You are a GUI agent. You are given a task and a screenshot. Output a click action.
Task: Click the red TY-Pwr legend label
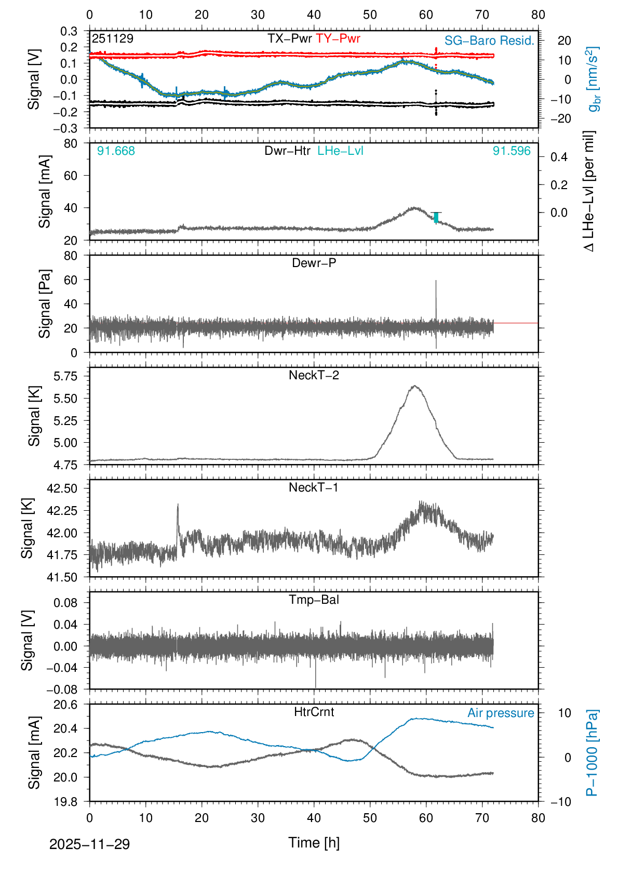click(x=338, y=38)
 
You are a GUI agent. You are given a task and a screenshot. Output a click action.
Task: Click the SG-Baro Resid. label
click(x=489, y=41)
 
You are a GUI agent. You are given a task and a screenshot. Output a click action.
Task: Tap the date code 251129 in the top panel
click(x=113, y=38)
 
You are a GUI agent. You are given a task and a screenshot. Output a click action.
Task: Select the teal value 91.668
click(x=116, y=151)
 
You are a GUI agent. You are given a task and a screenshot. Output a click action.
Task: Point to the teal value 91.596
click(x=512, y=151)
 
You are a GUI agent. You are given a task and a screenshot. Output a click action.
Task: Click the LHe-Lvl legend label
click(x=340, y=151)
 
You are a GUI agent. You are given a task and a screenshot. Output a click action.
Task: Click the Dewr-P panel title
click(x=314, y=263)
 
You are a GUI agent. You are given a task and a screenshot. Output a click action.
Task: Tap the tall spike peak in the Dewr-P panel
click(x=436, y=281)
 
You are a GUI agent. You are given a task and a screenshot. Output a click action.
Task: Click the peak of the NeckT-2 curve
click(x=414, y=386)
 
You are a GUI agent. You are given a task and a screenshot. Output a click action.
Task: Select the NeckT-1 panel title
click(x=314, y=487)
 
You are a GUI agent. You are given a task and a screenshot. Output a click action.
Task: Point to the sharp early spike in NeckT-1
click(x=178, y=505)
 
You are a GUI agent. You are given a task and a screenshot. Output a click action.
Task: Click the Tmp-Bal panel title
click(x=314, y=600)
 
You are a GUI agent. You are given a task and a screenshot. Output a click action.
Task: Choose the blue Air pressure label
click(x=501, y=713)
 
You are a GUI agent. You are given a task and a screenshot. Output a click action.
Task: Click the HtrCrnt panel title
click(x=314, y=712)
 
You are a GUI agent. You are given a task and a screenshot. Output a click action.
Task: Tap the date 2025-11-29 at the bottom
click(x=89, y=844)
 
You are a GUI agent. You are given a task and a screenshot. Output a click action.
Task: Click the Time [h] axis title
click(x=314, y=843)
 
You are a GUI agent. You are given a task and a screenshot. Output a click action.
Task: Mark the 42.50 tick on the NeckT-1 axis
click(x=62, y=488)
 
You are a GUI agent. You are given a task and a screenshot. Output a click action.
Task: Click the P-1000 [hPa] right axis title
click(x=592, y=752)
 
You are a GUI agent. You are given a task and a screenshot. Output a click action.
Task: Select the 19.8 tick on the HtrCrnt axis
click(x=65, y=802)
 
